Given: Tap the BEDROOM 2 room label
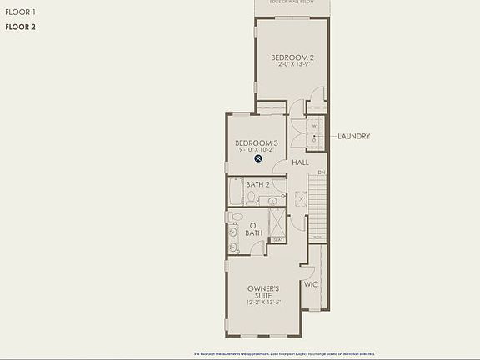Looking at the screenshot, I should click(292, 57).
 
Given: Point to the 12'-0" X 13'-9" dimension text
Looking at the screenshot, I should click(292, 66).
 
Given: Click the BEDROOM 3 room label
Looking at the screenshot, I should click(256, 143).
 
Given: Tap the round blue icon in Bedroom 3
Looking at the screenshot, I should click(259, 158).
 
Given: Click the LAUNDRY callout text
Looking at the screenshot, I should click(354, 136).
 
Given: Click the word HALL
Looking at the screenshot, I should click(300, 162).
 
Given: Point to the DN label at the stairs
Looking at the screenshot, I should click(321, 172).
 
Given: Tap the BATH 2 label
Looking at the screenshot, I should click(257, 184).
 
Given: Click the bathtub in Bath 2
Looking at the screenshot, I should click(235, 192).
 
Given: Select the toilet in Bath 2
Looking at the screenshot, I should click(250, 197).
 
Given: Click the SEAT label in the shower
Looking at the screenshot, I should click(278, 240).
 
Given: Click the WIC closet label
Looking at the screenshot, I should click(311, 284).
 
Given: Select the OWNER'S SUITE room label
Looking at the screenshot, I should click(262, 292).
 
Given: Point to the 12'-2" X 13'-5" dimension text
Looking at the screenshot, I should click(262, 302).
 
